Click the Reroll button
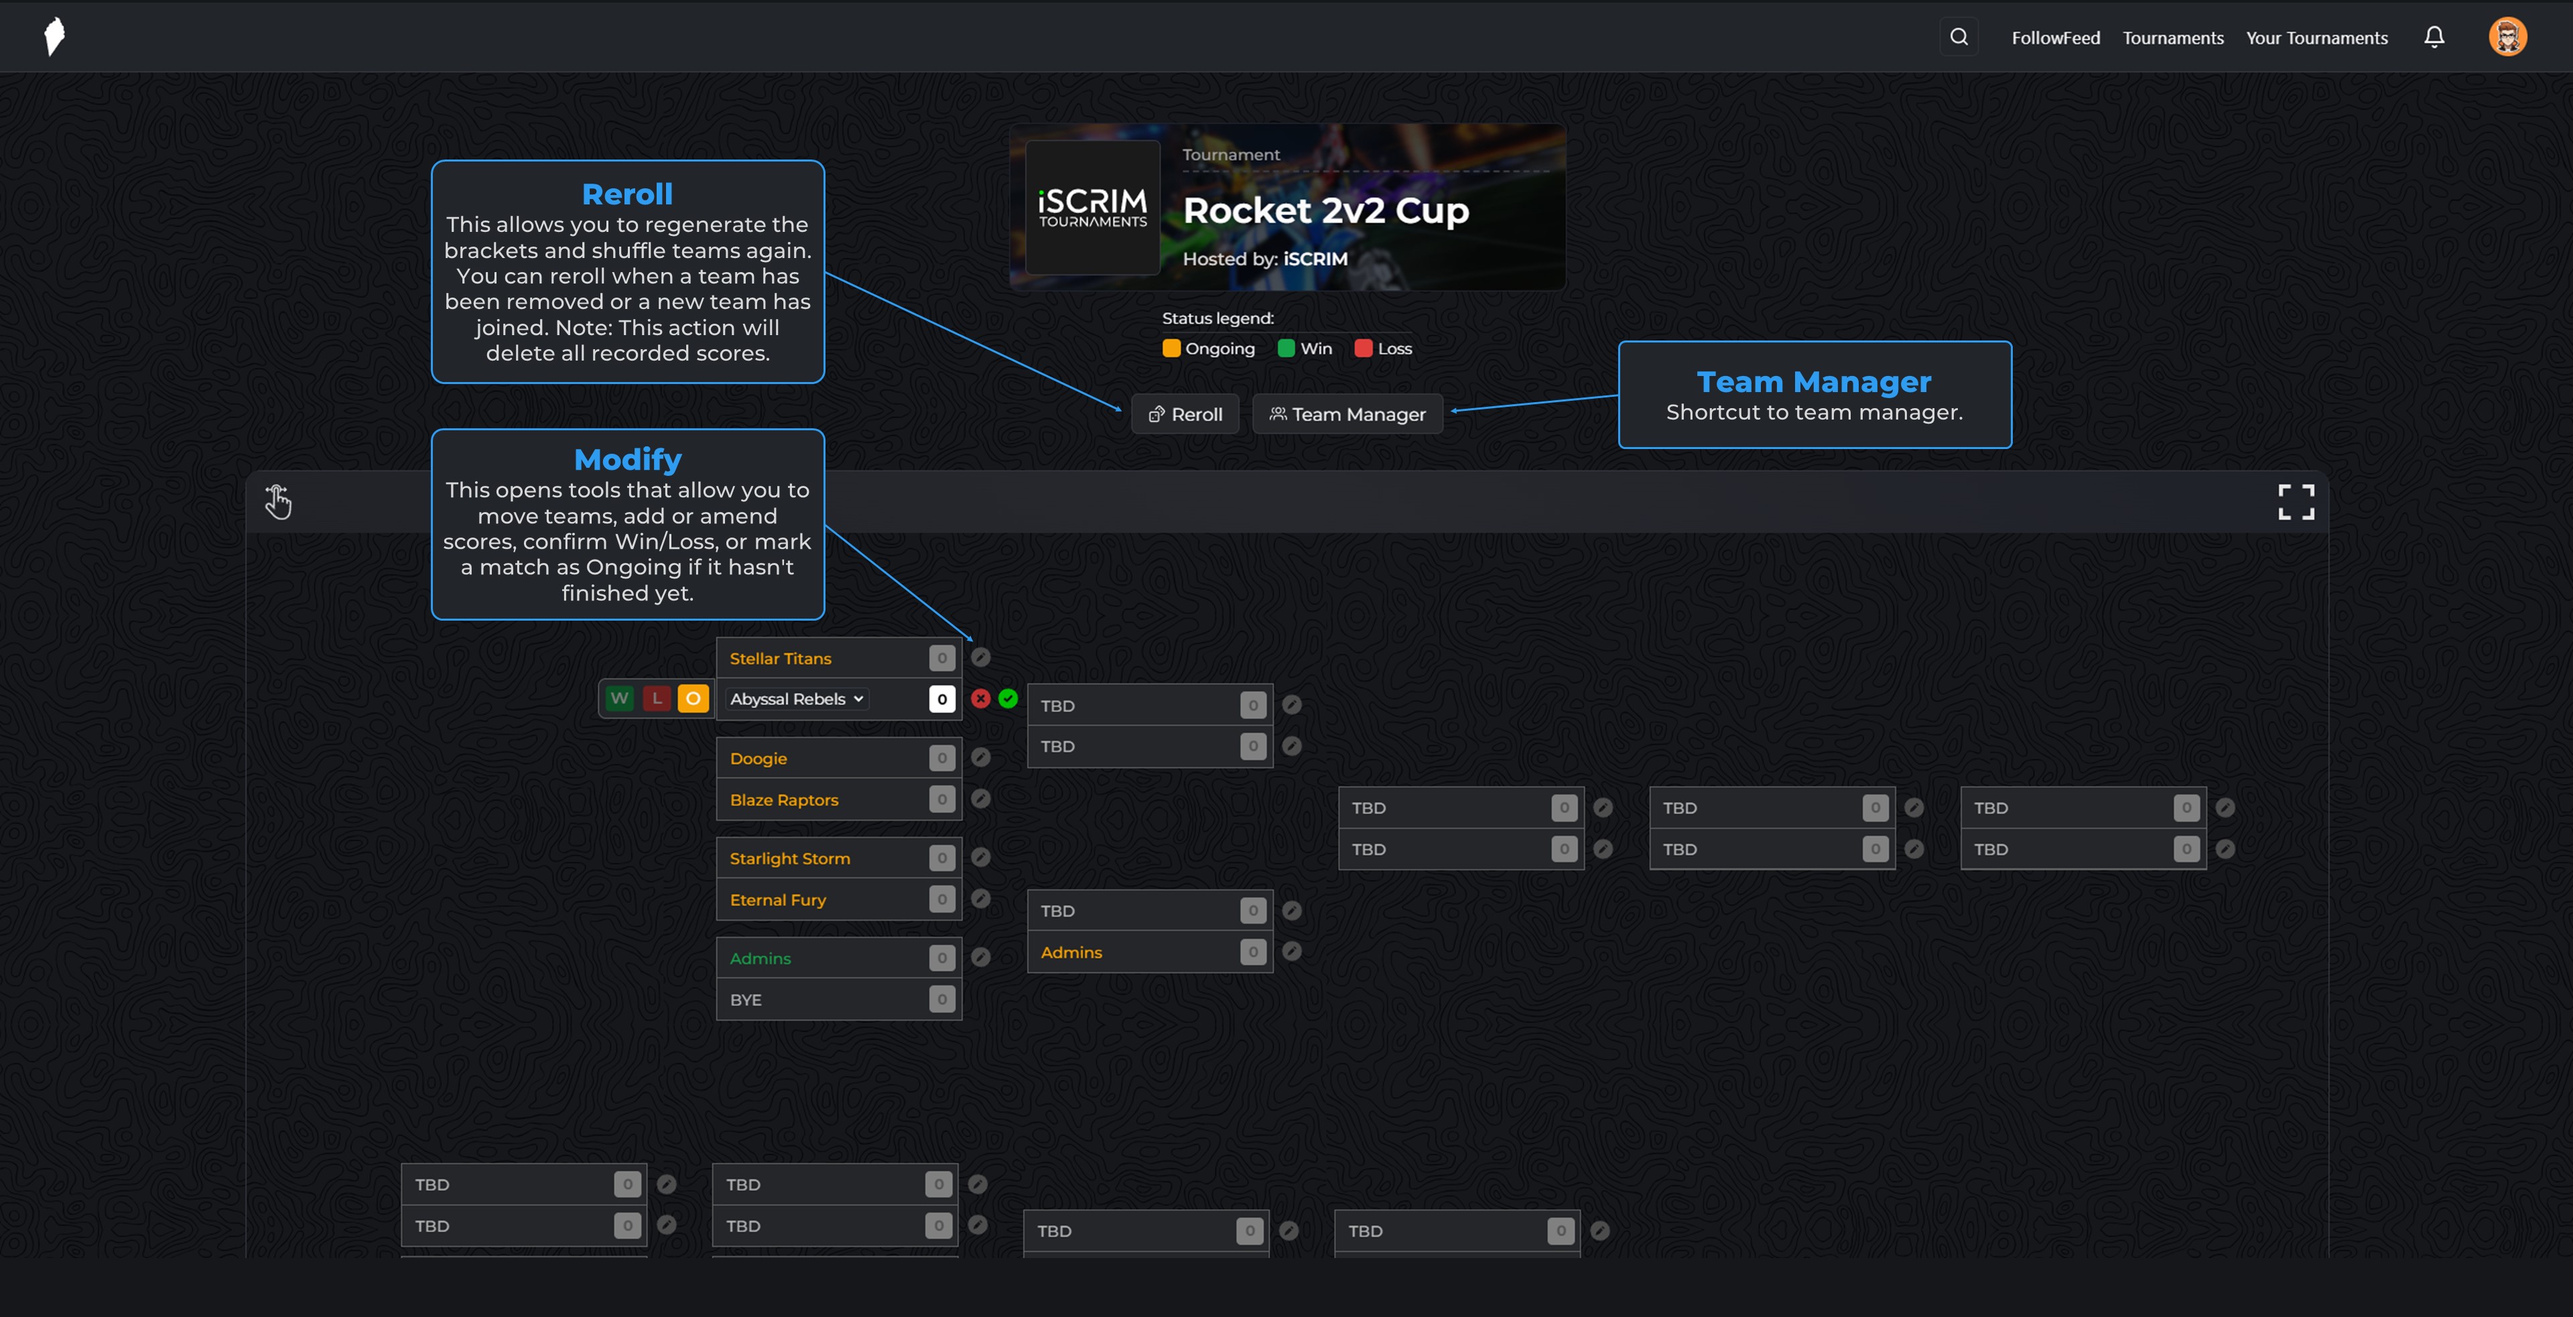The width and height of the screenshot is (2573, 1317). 1185,414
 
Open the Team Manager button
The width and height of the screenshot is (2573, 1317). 1347,414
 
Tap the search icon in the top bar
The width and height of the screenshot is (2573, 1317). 1959,37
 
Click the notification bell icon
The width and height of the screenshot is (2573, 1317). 2434,37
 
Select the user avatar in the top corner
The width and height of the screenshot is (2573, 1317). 2507,37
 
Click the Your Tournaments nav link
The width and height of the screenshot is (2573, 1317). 2316,38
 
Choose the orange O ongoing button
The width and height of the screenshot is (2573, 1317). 694,698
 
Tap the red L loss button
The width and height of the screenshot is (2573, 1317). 656,698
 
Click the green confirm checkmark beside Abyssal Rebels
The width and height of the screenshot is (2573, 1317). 1008,698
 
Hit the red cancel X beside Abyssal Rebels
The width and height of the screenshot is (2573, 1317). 981,698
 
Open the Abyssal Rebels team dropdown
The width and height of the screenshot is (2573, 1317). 797,698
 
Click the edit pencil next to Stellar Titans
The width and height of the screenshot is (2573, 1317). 981,657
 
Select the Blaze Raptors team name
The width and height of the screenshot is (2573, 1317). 784,800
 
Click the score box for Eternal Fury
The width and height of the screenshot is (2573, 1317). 942,899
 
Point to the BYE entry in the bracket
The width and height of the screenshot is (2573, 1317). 746,999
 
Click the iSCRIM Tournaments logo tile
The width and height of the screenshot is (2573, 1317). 1093,207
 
